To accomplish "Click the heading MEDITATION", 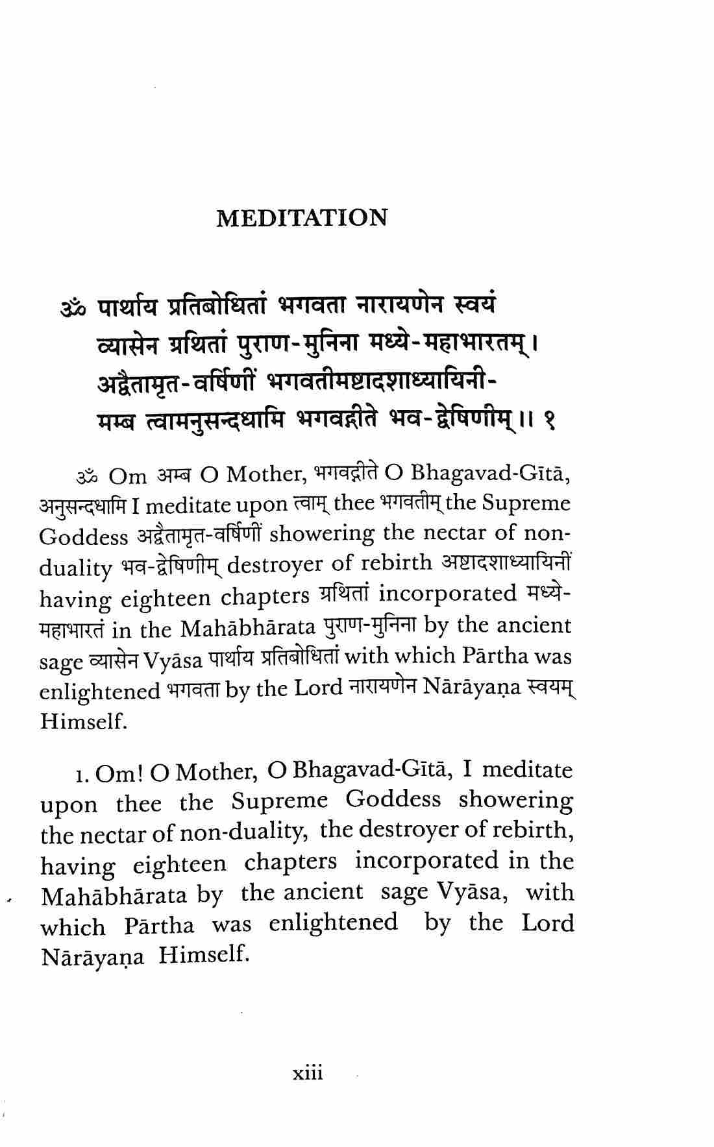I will click(x=301, y=218).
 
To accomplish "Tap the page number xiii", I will click(x=307, y=1072).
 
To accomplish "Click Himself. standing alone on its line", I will click(x=82, y=721).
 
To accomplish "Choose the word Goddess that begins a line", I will click(x=84, y=537).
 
